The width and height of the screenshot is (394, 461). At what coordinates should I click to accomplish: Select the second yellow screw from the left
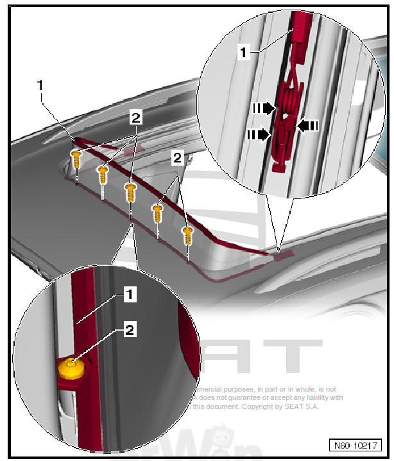[x=102, y=173]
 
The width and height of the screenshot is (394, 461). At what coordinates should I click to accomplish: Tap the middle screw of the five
[x=131, y=191]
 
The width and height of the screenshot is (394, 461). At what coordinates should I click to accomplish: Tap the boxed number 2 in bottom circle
[x=130, y=331]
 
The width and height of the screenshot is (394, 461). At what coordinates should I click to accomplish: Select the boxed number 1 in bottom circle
[x=130, y=295]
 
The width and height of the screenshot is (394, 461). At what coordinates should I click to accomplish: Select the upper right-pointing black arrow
[x=264, y=108]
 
